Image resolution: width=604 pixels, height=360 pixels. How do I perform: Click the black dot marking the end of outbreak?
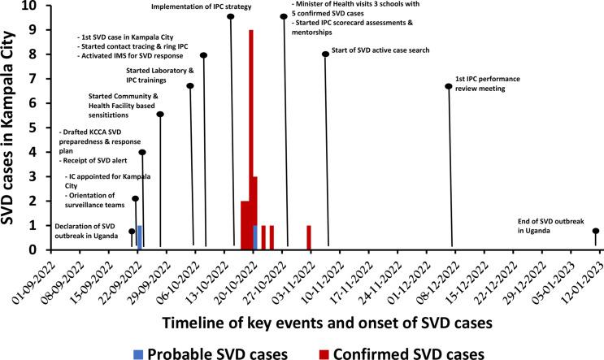[x=596, y=231]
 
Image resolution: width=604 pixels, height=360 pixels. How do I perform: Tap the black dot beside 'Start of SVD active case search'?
[x=325, y=54]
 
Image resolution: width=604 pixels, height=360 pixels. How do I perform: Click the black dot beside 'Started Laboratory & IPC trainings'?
[x=190, y=86]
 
